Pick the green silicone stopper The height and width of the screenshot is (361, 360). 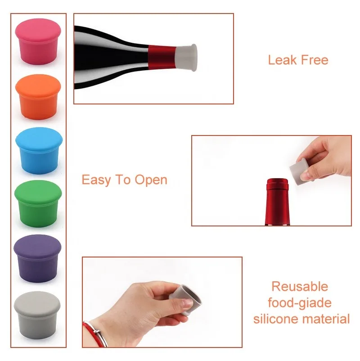38,203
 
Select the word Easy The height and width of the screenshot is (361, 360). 95,180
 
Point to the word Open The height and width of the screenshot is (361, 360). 151,180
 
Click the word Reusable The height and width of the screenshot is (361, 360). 300,286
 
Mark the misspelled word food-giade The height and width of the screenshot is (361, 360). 300,302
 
